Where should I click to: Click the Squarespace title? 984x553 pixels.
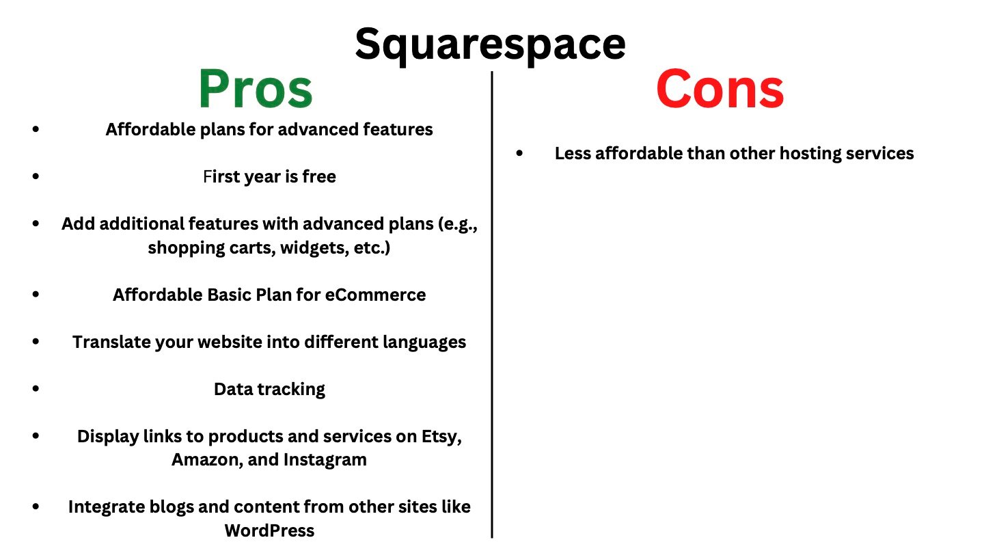490,44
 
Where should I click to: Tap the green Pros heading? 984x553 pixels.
256,90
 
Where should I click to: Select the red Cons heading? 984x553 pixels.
720,90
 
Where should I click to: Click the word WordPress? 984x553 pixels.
269,530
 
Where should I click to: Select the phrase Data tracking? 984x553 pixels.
269,389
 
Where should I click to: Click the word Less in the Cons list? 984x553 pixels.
573,154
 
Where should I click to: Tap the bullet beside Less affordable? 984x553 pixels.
520,154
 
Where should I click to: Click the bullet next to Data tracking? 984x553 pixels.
36,388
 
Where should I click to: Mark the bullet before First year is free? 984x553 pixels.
36,176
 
